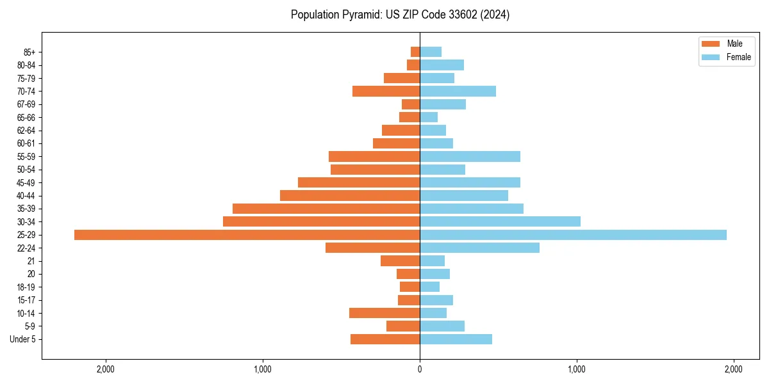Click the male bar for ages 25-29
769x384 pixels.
coord(247,235)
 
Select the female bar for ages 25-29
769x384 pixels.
coord(573,235)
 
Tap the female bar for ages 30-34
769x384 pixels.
coord(500,221)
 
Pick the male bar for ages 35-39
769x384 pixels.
coord(326,209)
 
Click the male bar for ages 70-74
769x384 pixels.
coord(386,91)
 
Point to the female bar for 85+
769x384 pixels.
coord(431,52)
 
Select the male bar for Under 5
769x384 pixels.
coord(384,339)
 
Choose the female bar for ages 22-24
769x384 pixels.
coord(479,248)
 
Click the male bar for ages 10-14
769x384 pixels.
coord(384,313)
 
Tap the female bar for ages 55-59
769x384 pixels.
coord(470,156)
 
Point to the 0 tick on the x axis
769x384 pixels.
coord(420,369)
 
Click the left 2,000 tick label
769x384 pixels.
coord(105,369)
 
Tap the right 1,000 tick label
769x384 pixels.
coord(577,369)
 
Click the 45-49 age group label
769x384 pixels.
coord(26,182)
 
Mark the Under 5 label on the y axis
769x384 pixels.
coord(23,339)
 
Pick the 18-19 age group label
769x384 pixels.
coord(26,287)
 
